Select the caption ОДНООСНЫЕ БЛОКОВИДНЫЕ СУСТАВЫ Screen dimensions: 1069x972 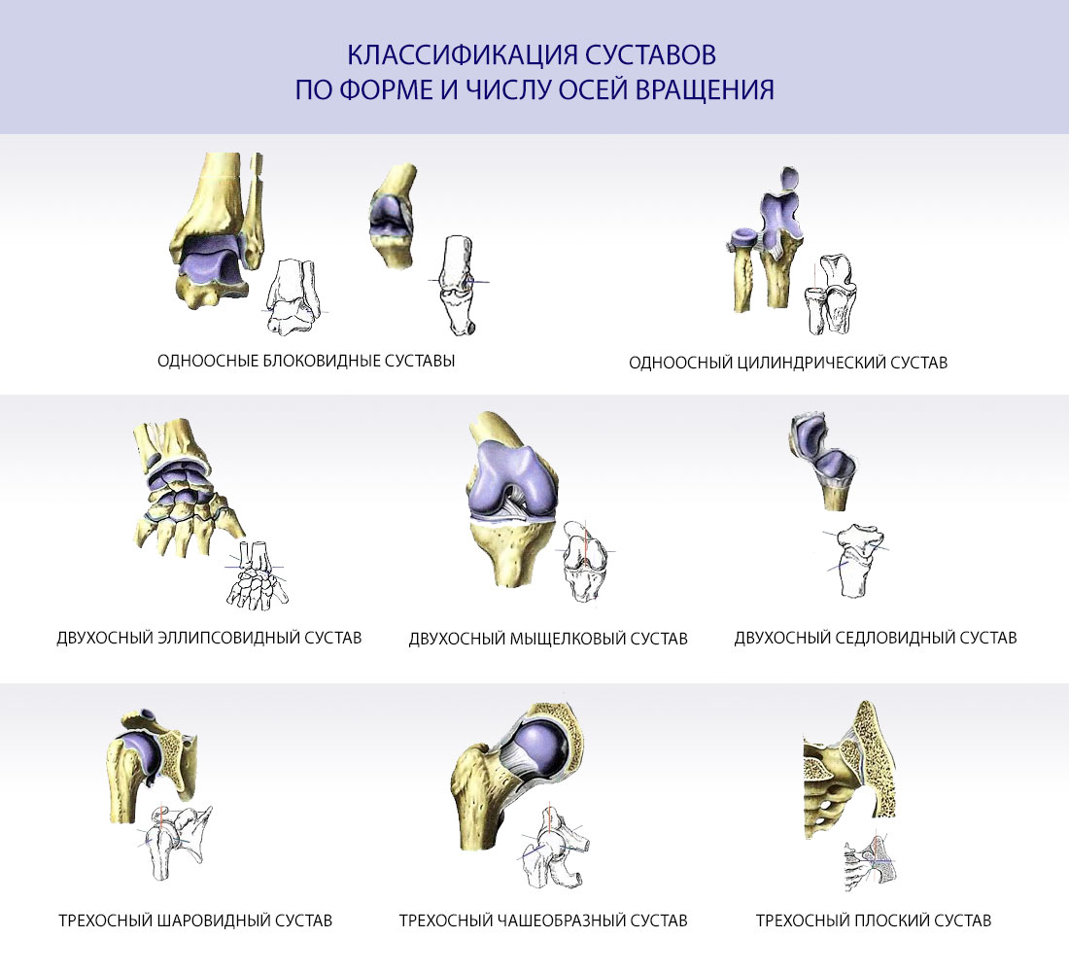[306, 361]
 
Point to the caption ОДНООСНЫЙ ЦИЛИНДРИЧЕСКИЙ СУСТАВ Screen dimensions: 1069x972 [788, 363]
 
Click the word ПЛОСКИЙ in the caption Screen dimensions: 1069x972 [893, 920]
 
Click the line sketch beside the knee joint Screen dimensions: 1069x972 [585, 561]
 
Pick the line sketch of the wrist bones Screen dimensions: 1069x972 [256, 575]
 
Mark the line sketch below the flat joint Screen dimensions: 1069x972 [869, 863]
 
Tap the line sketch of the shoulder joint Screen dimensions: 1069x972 [175, 842]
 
